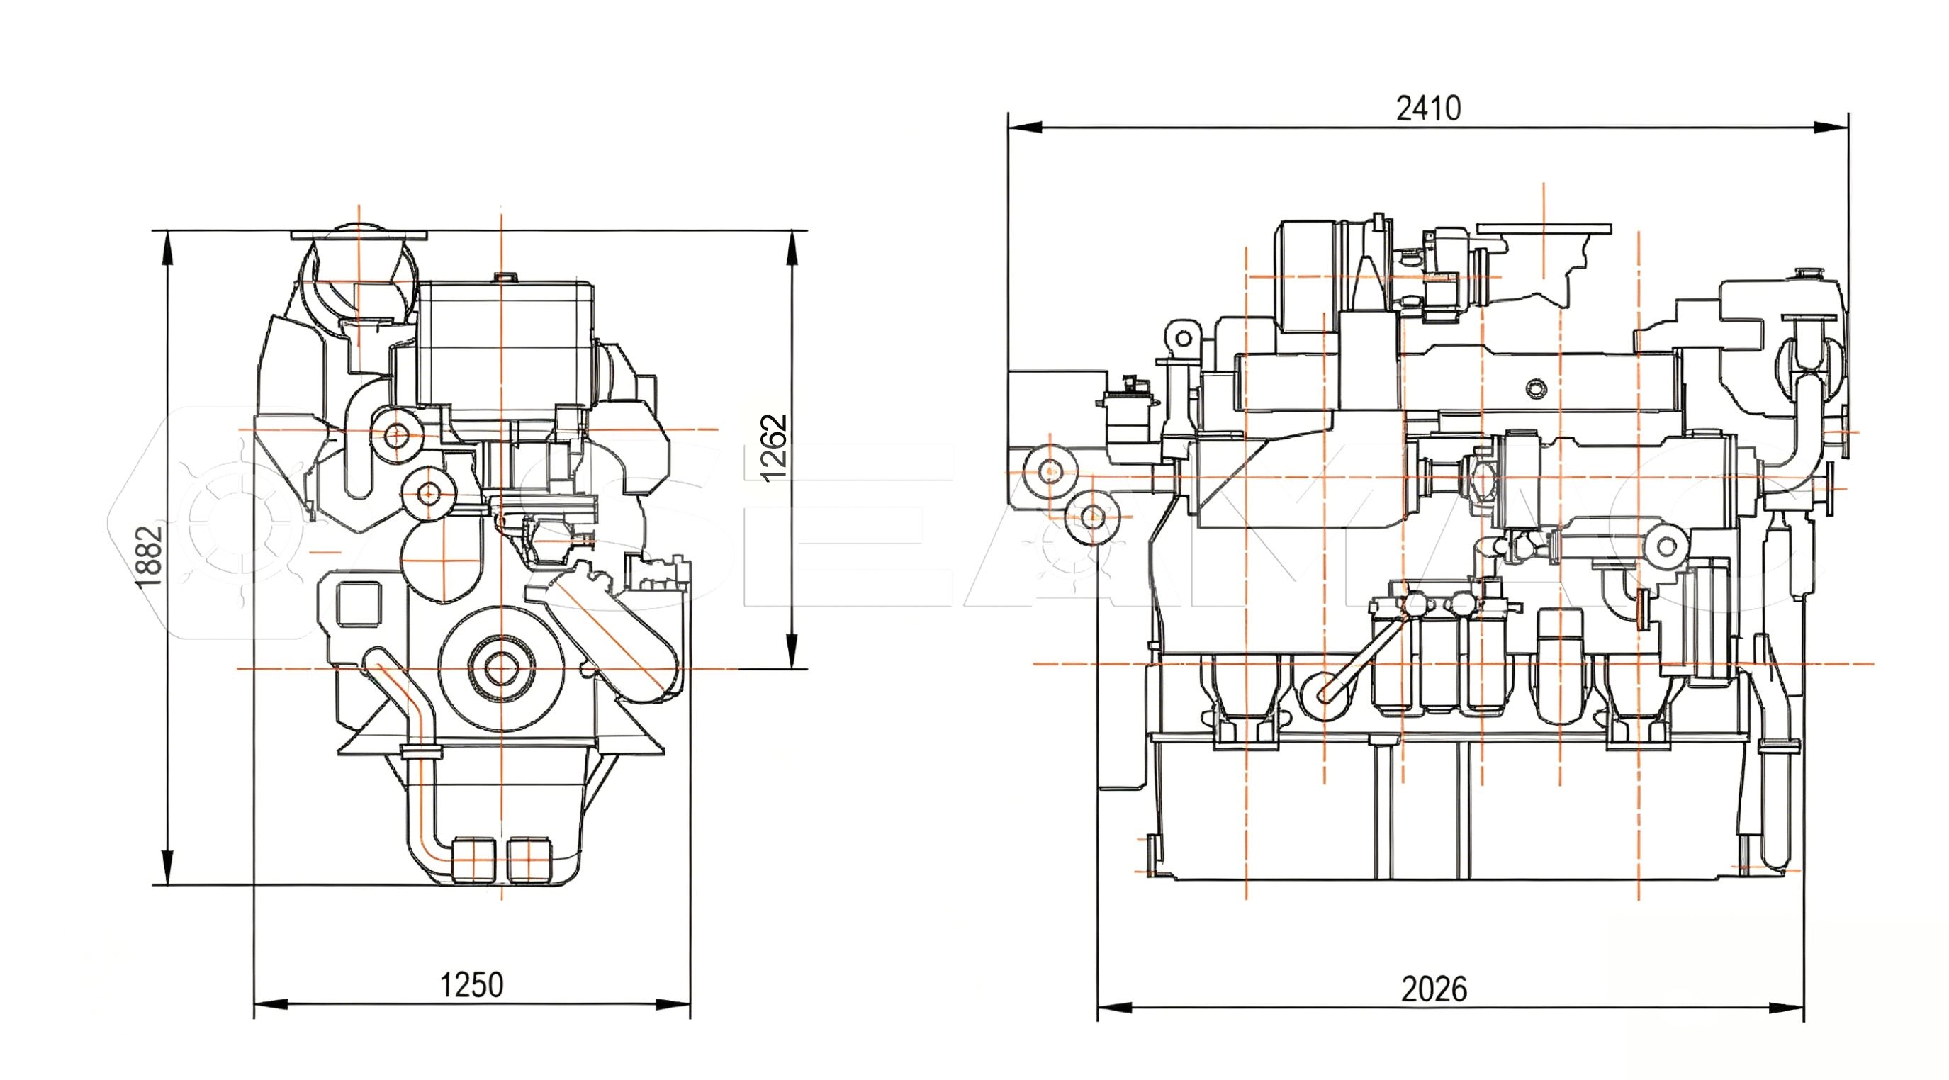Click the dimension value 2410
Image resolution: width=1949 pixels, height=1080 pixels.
pos(1429,109)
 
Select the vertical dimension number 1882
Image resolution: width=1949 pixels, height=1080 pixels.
pos(149,556)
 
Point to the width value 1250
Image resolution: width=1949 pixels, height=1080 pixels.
pos(471,985)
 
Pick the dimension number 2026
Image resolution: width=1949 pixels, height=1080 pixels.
pos(1434,989)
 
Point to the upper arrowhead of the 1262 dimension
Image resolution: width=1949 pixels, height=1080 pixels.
pos(792,247)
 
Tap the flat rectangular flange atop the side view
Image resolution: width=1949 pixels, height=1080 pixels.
pos(1544,229)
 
